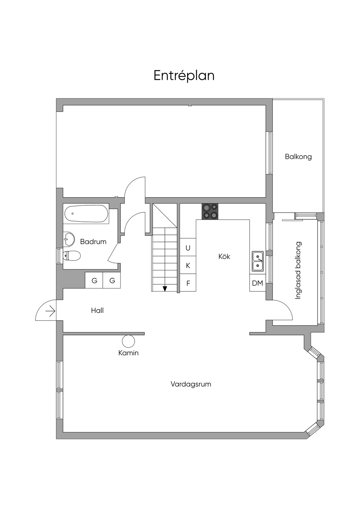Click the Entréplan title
click(x=184, y=76)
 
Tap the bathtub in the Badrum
click(x=86, y=214)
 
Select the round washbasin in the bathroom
click(x=69, y=239)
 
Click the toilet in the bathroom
click(x=71, y=256)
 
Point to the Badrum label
click(x=93, y=242)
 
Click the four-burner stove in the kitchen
click(x=210, y=211)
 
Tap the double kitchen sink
click(x=258, y=261)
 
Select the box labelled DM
click(x=257, y=283)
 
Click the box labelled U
click(x=188, y=248)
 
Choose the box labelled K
click(x=188, y=265)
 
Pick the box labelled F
click(x=188, y=283)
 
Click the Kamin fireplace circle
click(x=128, y=341)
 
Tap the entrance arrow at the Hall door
click(x=50, y=311)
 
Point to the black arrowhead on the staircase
click(x=165, y=289)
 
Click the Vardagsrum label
click(x=191, y=384)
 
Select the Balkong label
click(x=298, y=157)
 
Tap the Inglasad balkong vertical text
click(x=298, y=270)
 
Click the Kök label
click(x=224, y=257)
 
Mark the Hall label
click(x=97, y=310)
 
